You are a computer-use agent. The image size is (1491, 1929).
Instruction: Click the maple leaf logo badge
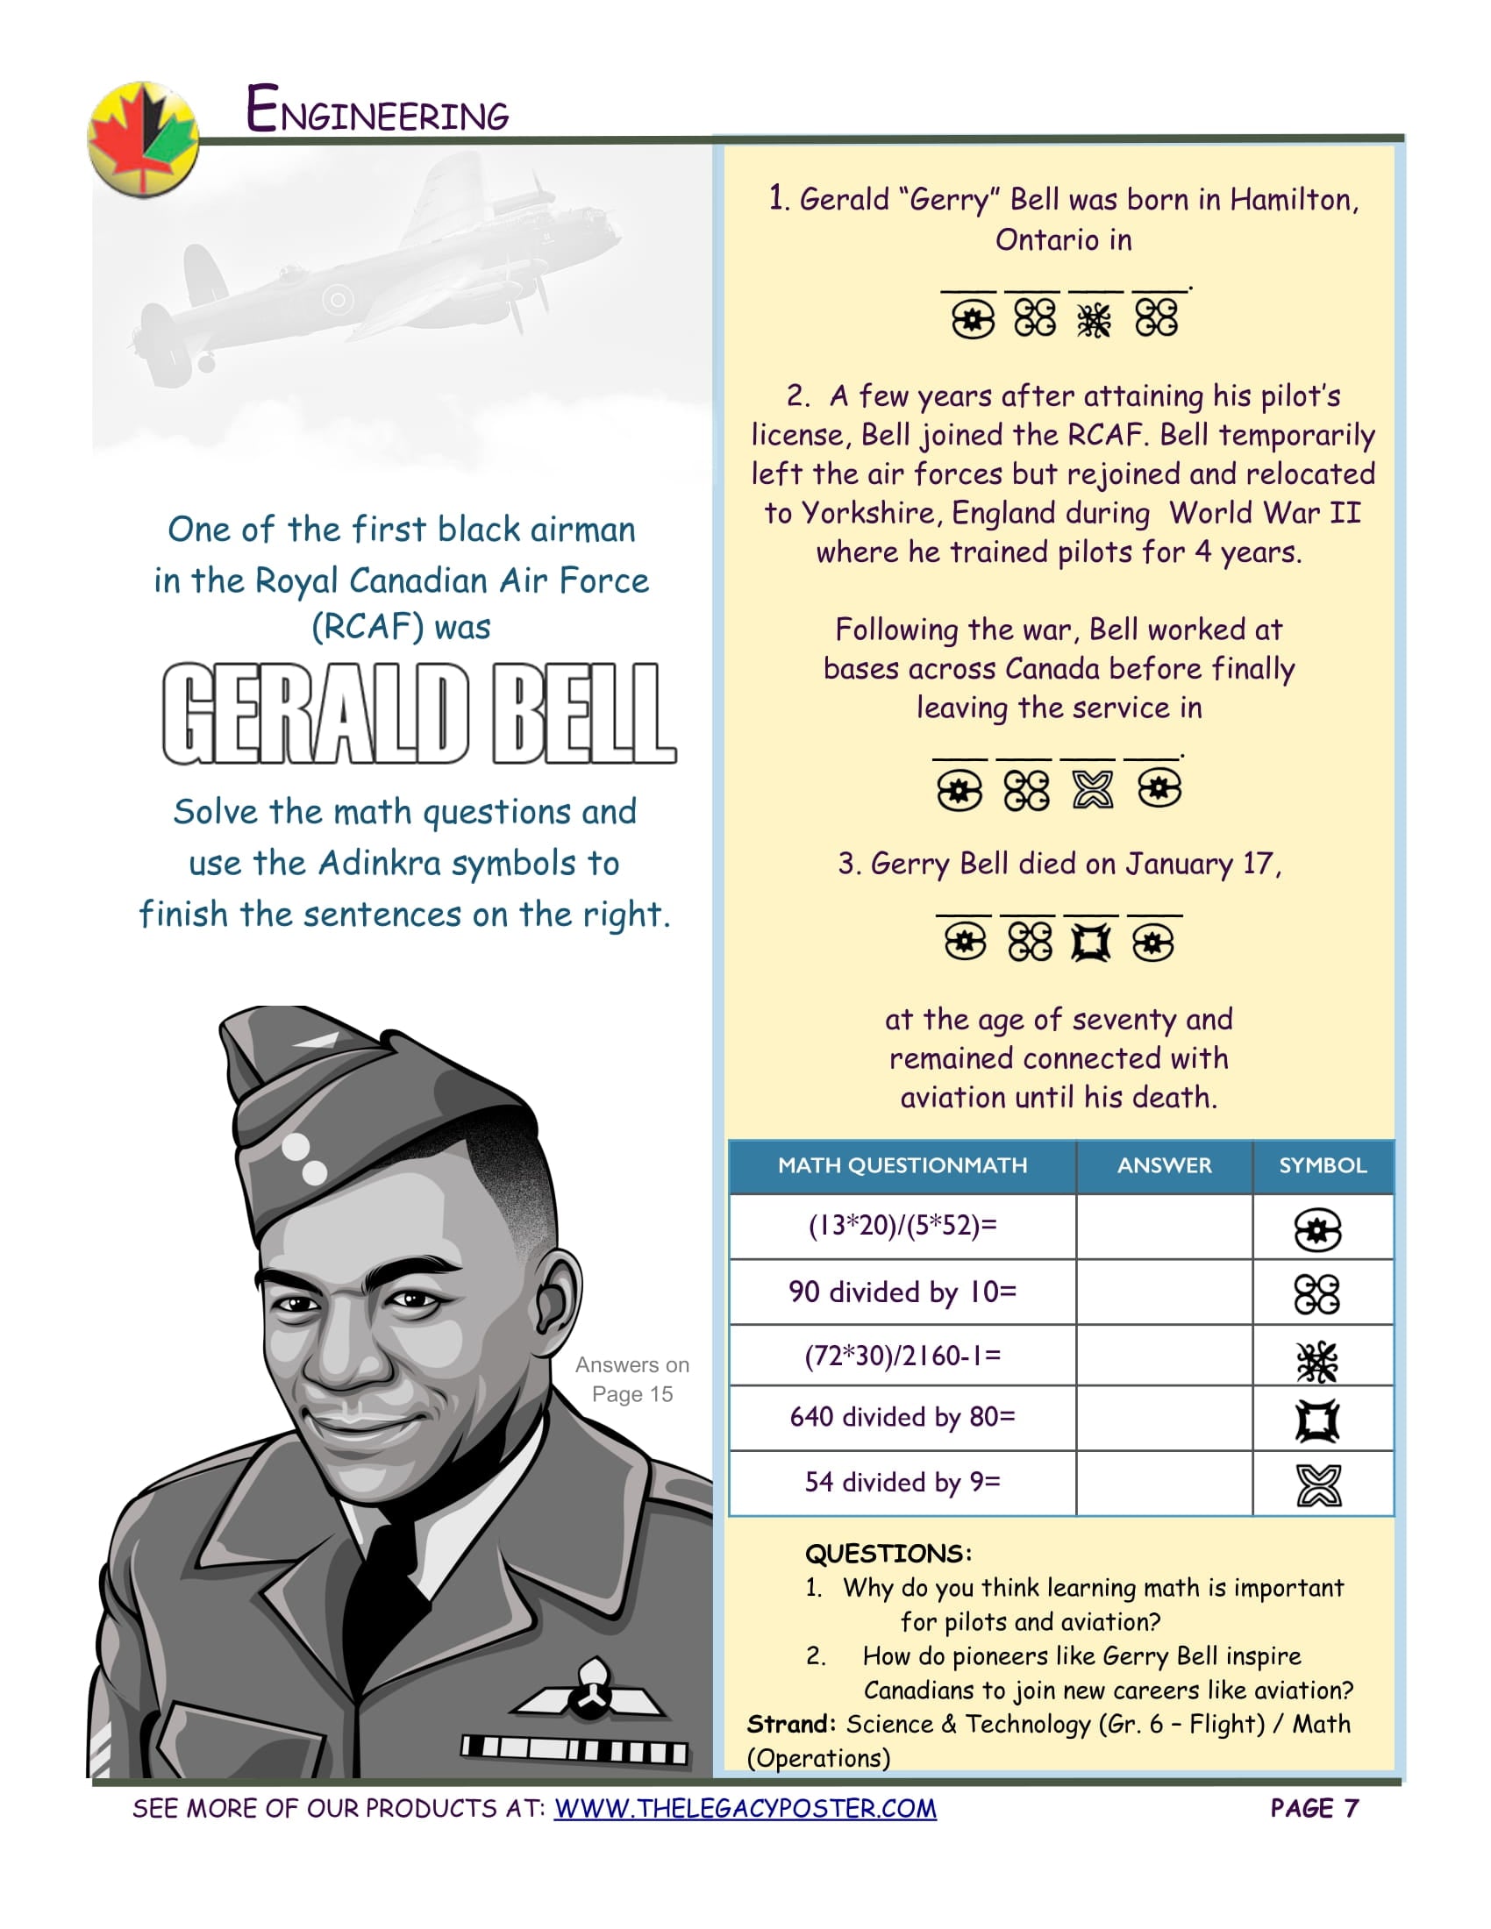point(143,139)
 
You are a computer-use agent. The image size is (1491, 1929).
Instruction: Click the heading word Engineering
point(377,110)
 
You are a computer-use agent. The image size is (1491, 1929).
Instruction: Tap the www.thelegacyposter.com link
point(745,1808)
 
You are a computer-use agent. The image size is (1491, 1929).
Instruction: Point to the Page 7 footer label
point(1314,1808)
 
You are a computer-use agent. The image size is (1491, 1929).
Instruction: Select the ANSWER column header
point(1163,1165)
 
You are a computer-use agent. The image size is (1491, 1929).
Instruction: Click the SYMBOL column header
point(1323,1165)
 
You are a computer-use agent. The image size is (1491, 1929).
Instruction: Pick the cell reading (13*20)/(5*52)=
point(902,1225)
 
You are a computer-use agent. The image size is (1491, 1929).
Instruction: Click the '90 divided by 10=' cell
point(902,1292)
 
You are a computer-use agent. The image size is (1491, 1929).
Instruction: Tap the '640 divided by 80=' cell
point(902,1417)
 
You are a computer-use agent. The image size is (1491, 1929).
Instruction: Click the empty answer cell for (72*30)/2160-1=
point(1163,1355)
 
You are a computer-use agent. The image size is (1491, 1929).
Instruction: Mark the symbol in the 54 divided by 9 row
point(1318,1484)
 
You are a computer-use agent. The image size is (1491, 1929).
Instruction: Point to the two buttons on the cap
point(304,1159)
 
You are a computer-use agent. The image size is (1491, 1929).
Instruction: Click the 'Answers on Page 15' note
point(631,1378)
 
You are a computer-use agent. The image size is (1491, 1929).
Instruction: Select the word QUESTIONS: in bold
point(888,1554)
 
